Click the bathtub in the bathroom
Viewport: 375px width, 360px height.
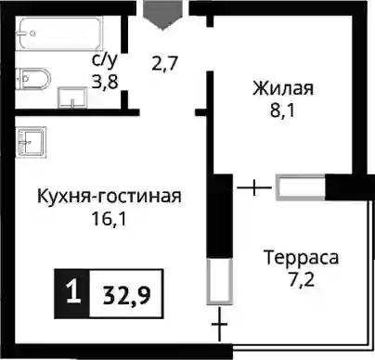tap(60, 33)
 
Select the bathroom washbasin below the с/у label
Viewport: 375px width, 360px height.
tap(72, 97)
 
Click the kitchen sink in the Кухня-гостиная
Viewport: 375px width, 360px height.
tap(32, 142)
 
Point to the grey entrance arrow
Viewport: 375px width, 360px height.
tap(162, 15)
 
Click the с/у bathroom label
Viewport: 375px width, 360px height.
tap(105, 60)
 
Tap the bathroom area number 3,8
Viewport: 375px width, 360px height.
tap(105, 83)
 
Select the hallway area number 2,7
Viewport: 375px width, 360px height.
tap(164, 64)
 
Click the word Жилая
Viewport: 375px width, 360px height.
tap(283, 88)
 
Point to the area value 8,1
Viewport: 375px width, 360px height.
tap(282, 110)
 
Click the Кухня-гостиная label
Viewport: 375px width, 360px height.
tap(110, 196)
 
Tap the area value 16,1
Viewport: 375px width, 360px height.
tap(109, 219)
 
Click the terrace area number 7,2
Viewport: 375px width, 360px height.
tap(301, 280)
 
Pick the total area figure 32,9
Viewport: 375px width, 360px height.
tap(127, 295)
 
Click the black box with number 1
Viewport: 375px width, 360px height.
tap(72, 293)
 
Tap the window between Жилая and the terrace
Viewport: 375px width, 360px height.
tap(301, 187)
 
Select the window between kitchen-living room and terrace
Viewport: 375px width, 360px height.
tap(219, 281)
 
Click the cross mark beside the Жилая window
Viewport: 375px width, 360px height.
tap(254, 187)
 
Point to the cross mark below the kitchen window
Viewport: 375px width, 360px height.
tap(220, 325)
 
